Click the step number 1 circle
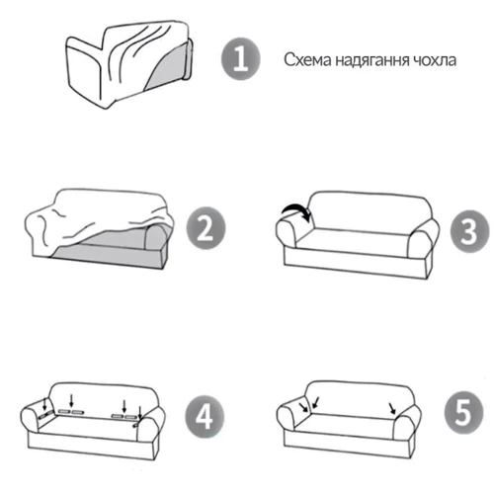(241, 59)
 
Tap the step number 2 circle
(206, 228)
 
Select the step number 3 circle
(469, 231)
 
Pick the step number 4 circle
(205, 417)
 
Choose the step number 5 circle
(463, 413)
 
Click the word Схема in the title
(307, 60)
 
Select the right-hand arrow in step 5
(392, 408)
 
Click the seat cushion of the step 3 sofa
(353, 239)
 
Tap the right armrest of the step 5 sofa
(407, 423)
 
